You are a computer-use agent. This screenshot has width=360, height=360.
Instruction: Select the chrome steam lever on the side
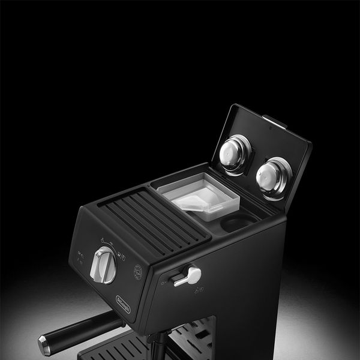click(187, 277)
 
